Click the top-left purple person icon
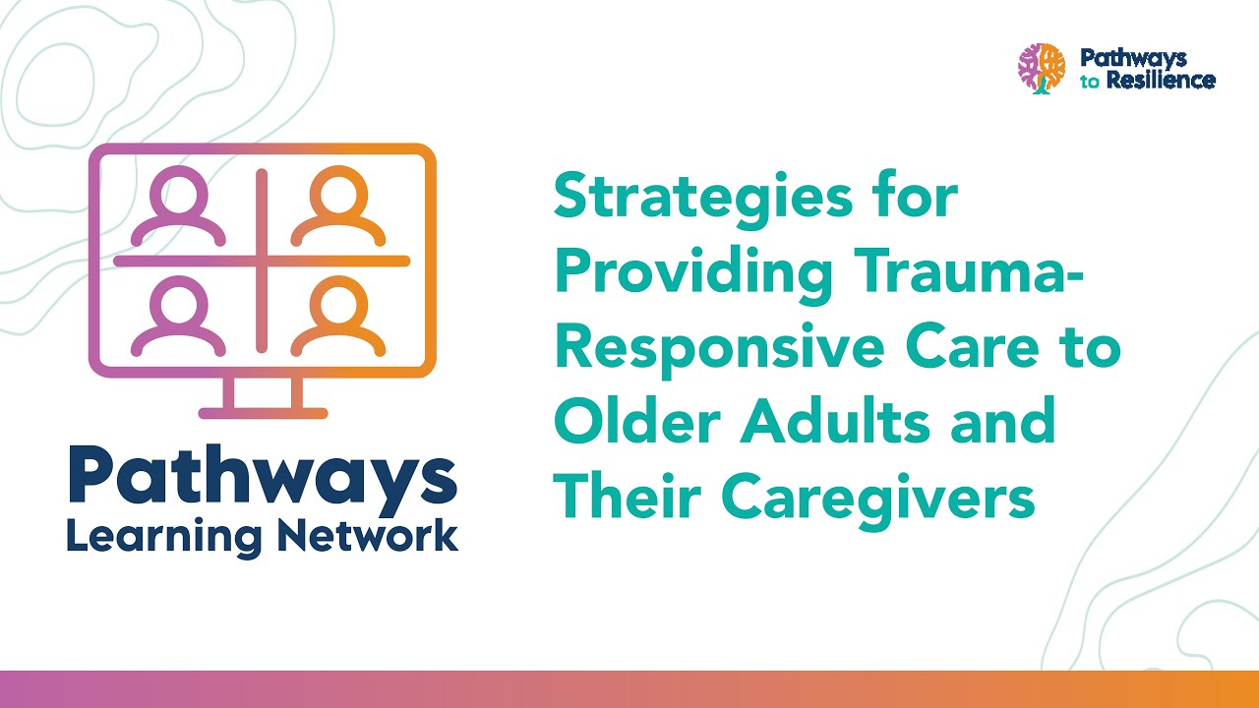[179, 206]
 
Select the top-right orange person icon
[337, 206]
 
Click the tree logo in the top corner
[1042, 69]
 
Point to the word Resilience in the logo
[1159, 81]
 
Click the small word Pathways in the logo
[1133, 58]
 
